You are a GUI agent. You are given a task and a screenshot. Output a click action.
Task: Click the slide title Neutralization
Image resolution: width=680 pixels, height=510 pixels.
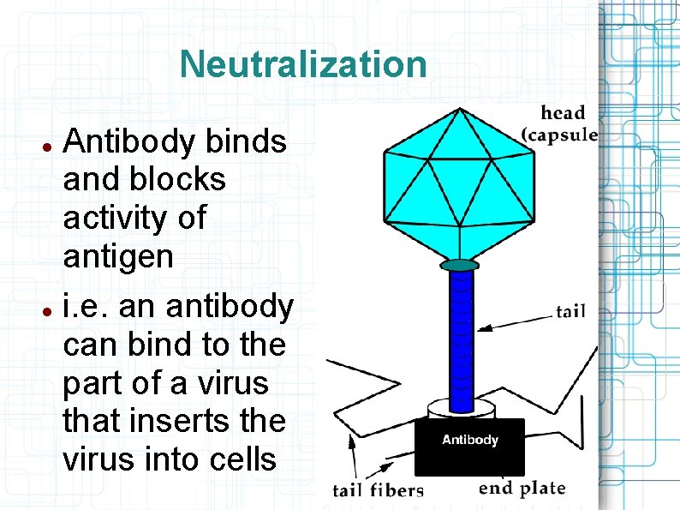303,64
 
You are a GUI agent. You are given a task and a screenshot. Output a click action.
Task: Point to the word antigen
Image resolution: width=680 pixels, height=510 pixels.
118,256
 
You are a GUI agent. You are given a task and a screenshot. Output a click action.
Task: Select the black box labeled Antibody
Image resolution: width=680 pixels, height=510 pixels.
469,447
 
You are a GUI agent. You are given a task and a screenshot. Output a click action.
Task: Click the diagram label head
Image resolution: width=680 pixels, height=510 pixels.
563,113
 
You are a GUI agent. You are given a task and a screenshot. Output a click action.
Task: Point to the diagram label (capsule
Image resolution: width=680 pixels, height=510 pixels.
560,135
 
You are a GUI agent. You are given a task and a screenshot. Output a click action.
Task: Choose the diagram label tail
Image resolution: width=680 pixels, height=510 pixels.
570,310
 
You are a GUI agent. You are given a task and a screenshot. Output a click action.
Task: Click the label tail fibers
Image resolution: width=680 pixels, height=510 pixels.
378,490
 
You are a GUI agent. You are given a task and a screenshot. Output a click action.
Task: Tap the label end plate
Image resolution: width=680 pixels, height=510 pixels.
522,488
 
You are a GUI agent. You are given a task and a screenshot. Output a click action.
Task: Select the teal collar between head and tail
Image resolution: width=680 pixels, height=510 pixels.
462,265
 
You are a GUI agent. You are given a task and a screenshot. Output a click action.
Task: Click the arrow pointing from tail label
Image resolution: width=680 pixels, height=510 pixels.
514,321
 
